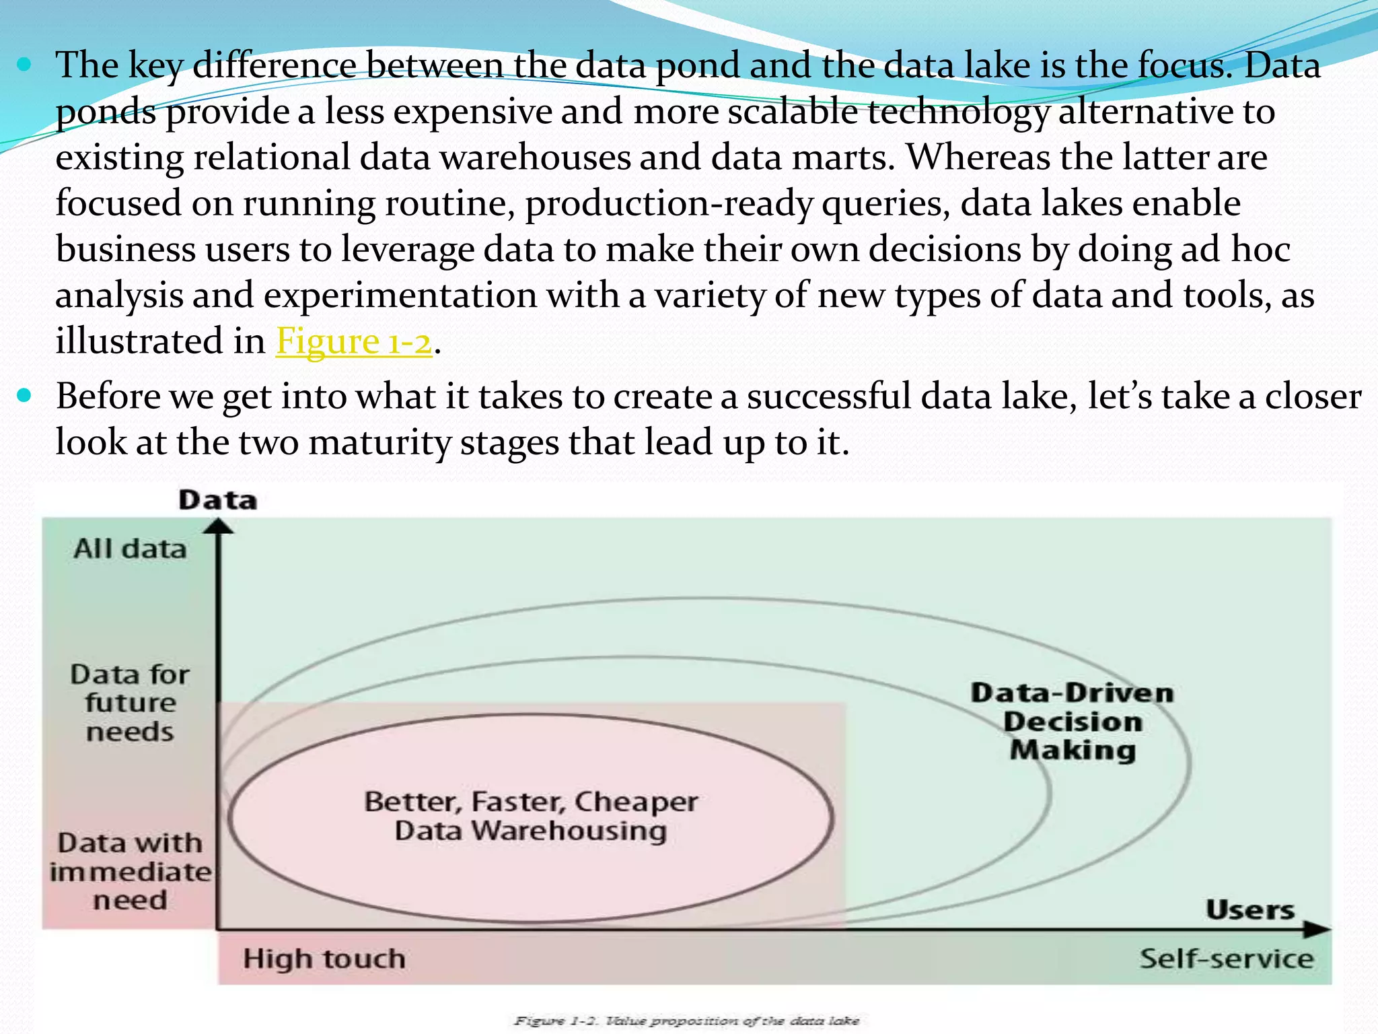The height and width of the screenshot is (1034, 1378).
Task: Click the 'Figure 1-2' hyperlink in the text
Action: pyautogui.click(x=354, y=341)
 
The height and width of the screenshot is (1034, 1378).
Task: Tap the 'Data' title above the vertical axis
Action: pyautogui.click(x=217, y=500)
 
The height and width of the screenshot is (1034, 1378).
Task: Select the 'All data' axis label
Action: pyautogui.click(x=130, y=549)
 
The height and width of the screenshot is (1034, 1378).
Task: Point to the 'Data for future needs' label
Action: pyautogui.click(x=130, y=703)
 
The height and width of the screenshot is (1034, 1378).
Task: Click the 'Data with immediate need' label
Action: pyautogui.click(x=130, y=871)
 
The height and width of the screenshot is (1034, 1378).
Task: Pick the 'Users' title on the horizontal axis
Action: pyautogui.click(x=1250, y=910)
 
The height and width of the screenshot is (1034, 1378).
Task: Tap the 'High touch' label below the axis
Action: pyautogui.click(x=324, y=959)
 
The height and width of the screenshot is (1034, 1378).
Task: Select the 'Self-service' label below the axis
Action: pyautogui.click(x=1226, y=959)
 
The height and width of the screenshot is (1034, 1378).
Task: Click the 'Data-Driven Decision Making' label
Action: pyautogui.click(x=1073, y=722)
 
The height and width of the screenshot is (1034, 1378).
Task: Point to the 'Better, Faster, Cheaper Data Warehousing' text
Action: pyautogui.click(x=531, y=816)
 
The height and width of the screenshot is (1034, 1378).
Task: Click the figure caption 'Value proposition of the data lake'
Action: pyautogui.click(x=686, y=1021)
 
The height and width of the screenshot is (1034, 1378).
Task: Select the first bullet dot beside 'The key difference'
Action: pyautogui.click(x=25, y=65)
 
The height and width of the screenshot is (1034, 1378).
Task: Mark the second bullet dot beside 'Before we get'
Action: pyautogui.click(x=25, y=396)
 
